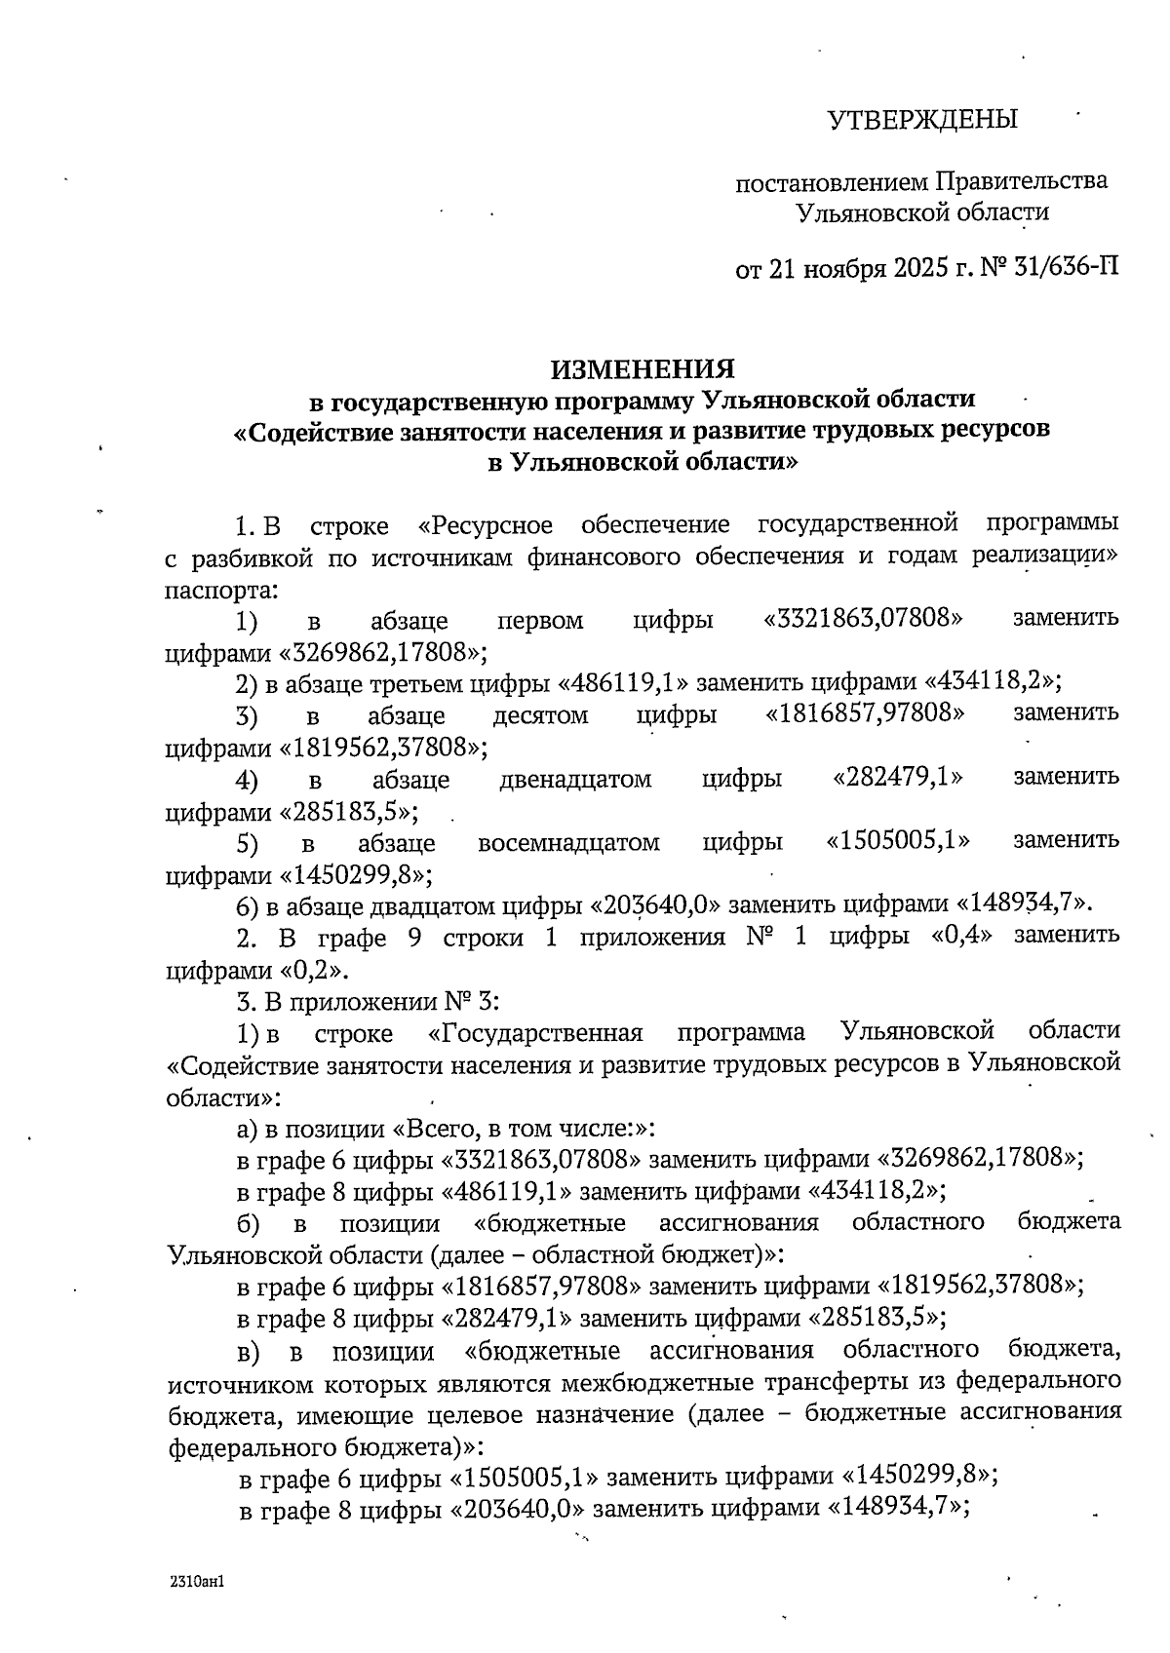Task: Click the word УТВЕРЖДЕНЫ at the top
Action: point(921,120)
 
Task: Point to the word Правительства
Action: point(1021,181)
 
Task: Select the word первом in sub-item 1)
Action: point(540,620)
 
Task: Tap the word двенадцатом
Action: point(575,780)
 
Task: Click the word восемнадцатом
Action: point(568,842)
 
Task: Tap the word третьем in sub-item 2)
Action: point(416,682)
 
